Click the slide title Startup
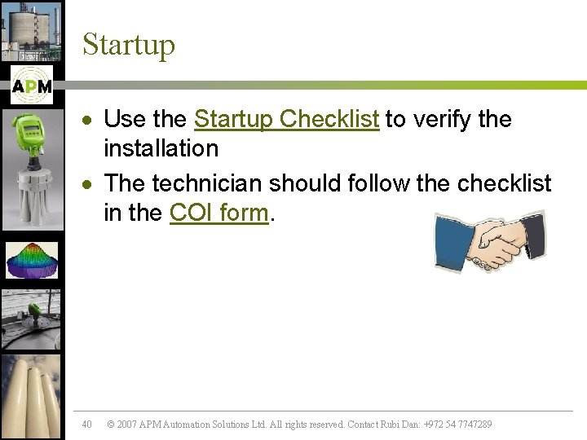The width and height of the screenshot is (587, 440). pos(128,44)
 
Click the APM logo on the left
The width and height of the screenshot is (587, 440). pos(32,86)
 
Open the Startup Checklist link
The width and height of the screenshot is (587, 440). pos(286,119)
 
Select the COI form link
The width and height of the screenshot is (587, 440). pos(218,213)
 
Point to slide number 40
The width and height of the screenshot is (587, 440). pos(87,424)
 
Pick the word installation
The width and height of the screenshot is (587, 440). pos(161,148)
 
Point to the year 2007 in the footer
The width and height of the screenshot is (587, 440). pos(126,425)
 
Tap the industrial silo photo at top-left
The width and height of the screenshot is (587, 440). pos(31,30)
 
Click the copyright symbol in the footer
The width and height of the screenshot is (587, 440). pos(111,425)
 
